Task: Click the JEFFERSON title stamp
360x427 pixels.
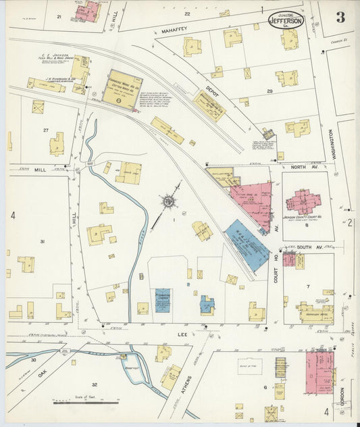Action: [x=286, y=20]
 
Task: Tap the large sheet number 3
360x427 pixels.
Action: [x=340, y=18]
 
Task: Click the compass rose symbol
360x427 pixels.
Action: [x=167, y=201]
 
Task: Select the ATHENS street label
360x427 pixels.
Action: [x=187, y=387]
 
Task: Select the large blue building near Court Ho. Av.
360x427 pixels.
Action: [x=247, y=245]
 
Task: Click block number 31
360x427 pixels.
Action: [x=42, y=241]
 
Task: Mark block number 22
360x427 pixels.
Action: [x=187, y=13]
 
